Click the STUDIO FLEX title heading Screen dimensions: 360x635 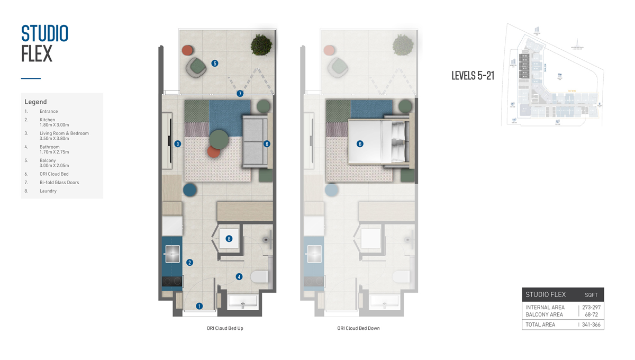pyautogui.click(x=44, y=43)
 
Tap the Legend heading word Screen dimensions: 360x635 pyautogui.click(x=35, y=102)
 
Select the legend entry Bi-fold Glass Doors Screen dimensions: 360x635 pyautogui.click(x=59, y=183)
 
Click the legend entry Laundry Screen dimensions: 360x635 pyautogui.click(x=48, y=191)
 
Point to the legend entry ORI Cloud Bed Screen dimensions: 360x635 pyautogui.click(x=53, y=174)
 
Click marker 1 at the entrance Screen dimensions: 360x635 pyautogui.click(x=199, y=306)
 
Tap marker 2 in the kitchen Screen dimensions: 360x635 pyautogui.click(x=189, y=262)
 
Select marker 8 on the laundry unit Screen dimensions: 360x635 pyautogui.click(x=229, y=239)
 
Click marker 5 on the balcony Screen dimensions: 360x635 pyautogui.click(x=215, y=63)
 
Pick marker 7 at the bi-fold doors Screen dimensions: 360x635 pyautogui.click(x=240, y=94)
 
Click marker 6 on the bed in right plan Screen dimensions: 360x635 pyautogui.click(x=360, y=143)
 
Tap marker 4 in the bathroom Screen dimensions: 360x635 pyautogui.click(x=239, y=276)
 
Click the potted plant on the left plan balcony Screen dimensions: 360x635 pyautogui.click(x=261, y=45)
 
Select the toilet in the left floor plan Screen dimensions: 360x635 pyautogui.click(x=259, y=276)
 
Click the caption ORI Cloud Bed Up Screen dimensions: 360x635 pyautogui.click(x=225, y=328)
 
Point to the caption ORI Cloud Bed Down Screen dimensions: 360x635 pyautogui.click(x=358, y=328)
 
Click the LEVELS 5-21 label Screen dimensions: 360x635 pyautogui.click(x=473, y=76)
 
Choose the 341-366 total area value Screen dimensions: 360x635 pyautogui.click(x=591, y=325)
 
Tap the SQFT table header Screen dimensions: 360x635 pyautogui.click(x=591, y=295)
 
